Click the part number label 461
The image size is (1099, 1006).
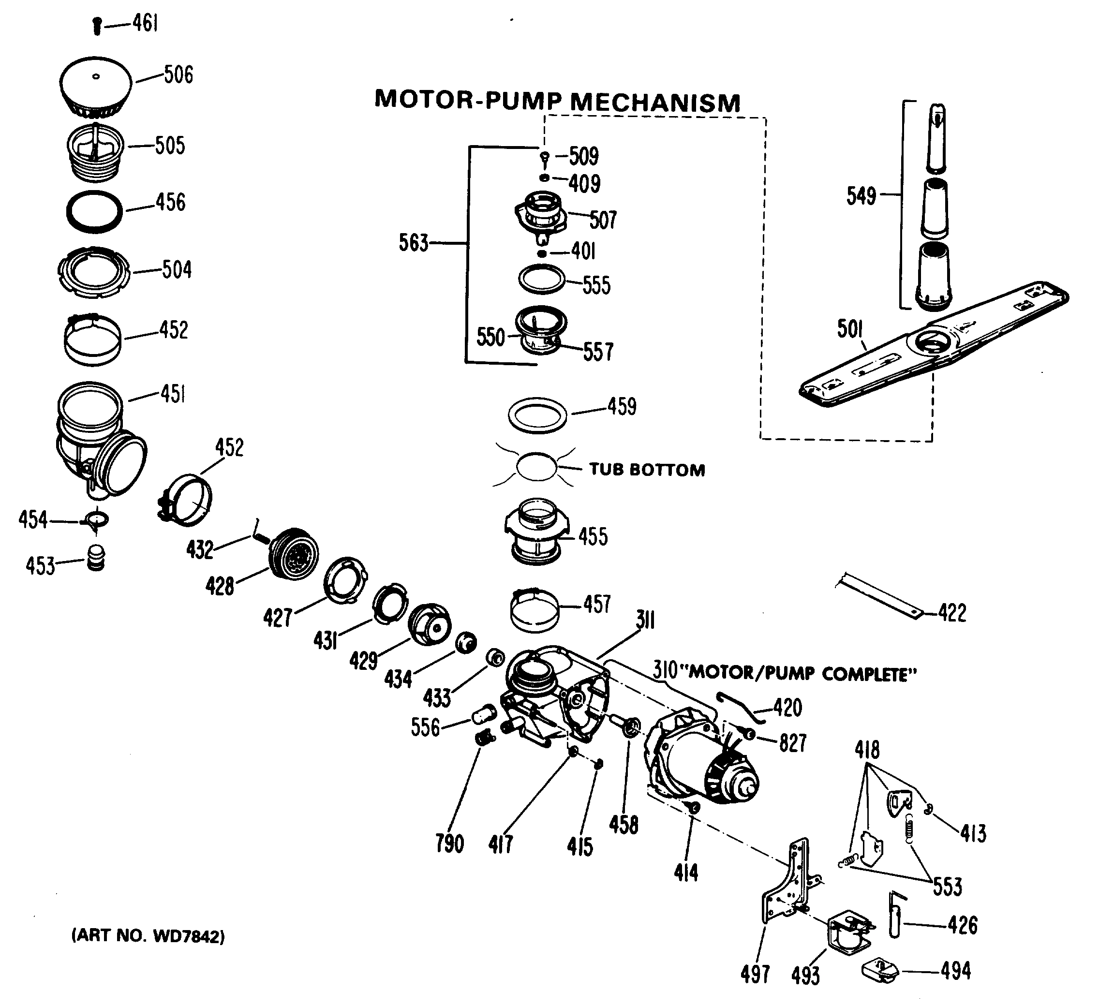[145, 23]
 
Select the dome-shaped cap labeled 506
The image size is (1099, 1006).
[96, 85]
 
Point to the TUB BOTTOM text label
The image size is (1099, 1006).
[647, 470]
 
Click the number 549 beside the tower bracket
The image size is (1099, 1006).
[861, 196]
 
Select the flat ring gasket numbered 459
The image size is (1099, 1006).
[537, 415]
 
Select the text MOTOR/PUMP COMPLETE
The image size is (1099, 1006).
[802, 674]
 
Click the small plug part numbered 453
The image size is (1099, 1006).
[96, 557]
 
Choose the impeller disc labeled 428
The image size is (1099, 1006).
[295, 554]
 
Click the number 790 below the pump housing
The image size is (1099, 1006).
[449, 844]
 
